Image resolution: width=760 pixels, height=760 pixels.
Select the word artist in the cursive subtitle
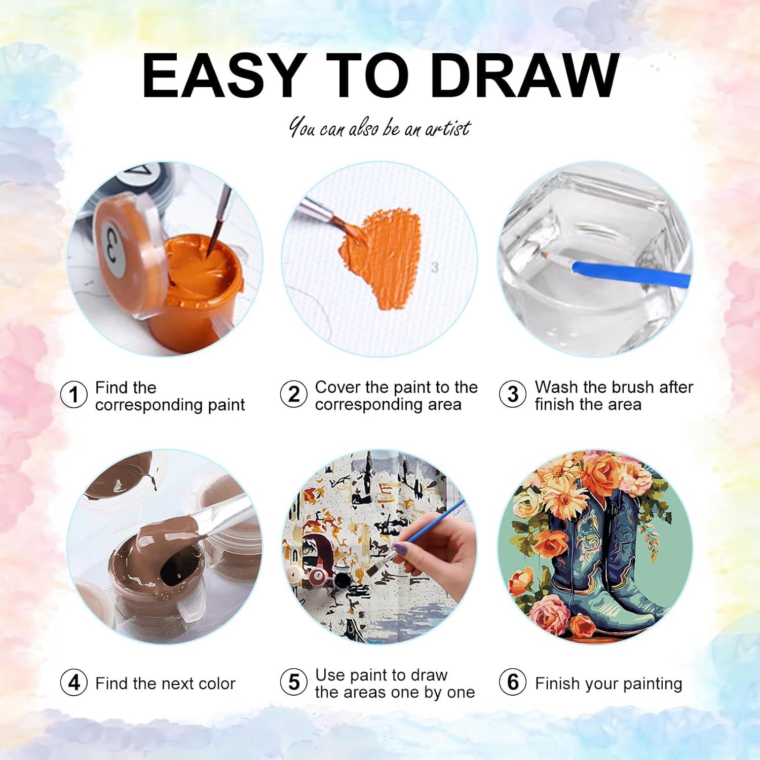coord(448,129)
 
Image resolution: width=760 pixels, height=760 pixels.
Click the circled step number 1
coord(74,395)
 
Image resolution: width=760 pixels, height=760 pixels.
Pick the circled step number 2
coord(294,394)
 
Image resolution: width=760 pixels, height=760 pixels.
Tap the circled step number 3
coord(513,394)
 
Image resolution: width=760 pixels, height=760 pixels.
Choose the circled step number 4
coord(74,682)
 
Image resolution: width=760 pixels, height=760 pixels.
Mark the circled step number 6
coord(513,682)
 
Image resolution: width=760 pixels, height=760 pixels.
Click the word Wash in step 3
coord(556,387)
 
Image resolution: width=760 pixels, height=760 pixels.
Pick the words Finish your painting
coord(609,683)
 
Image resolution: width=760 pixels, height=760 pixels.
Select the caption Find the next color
coord(165,683)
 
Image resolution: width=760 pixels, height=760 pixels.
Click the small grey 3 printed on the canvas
coord(434,268)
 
